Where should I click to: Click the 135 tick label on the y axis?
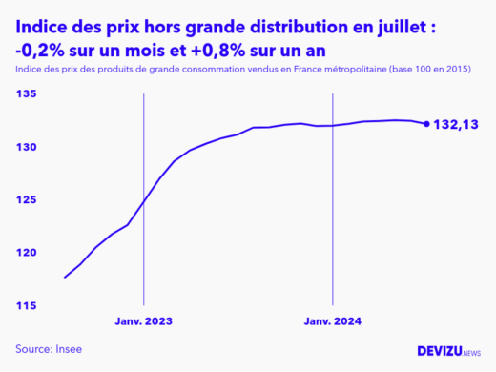26,94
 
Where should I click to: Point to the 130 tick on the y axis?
26,147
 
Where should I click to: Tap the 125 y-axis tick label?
26,199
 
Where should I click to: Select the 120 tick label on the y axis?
26,253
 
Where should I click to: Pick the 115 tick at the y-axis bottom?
26,305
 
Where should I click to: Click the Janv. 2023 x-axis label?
144,321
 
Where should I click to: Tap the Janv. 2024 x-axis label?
333,321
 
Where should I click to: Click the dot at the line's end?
425,123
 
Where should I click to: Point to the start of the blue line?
65,277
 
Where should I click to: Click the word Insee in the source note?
69,349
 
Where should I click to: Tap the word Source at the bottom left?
33,349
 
